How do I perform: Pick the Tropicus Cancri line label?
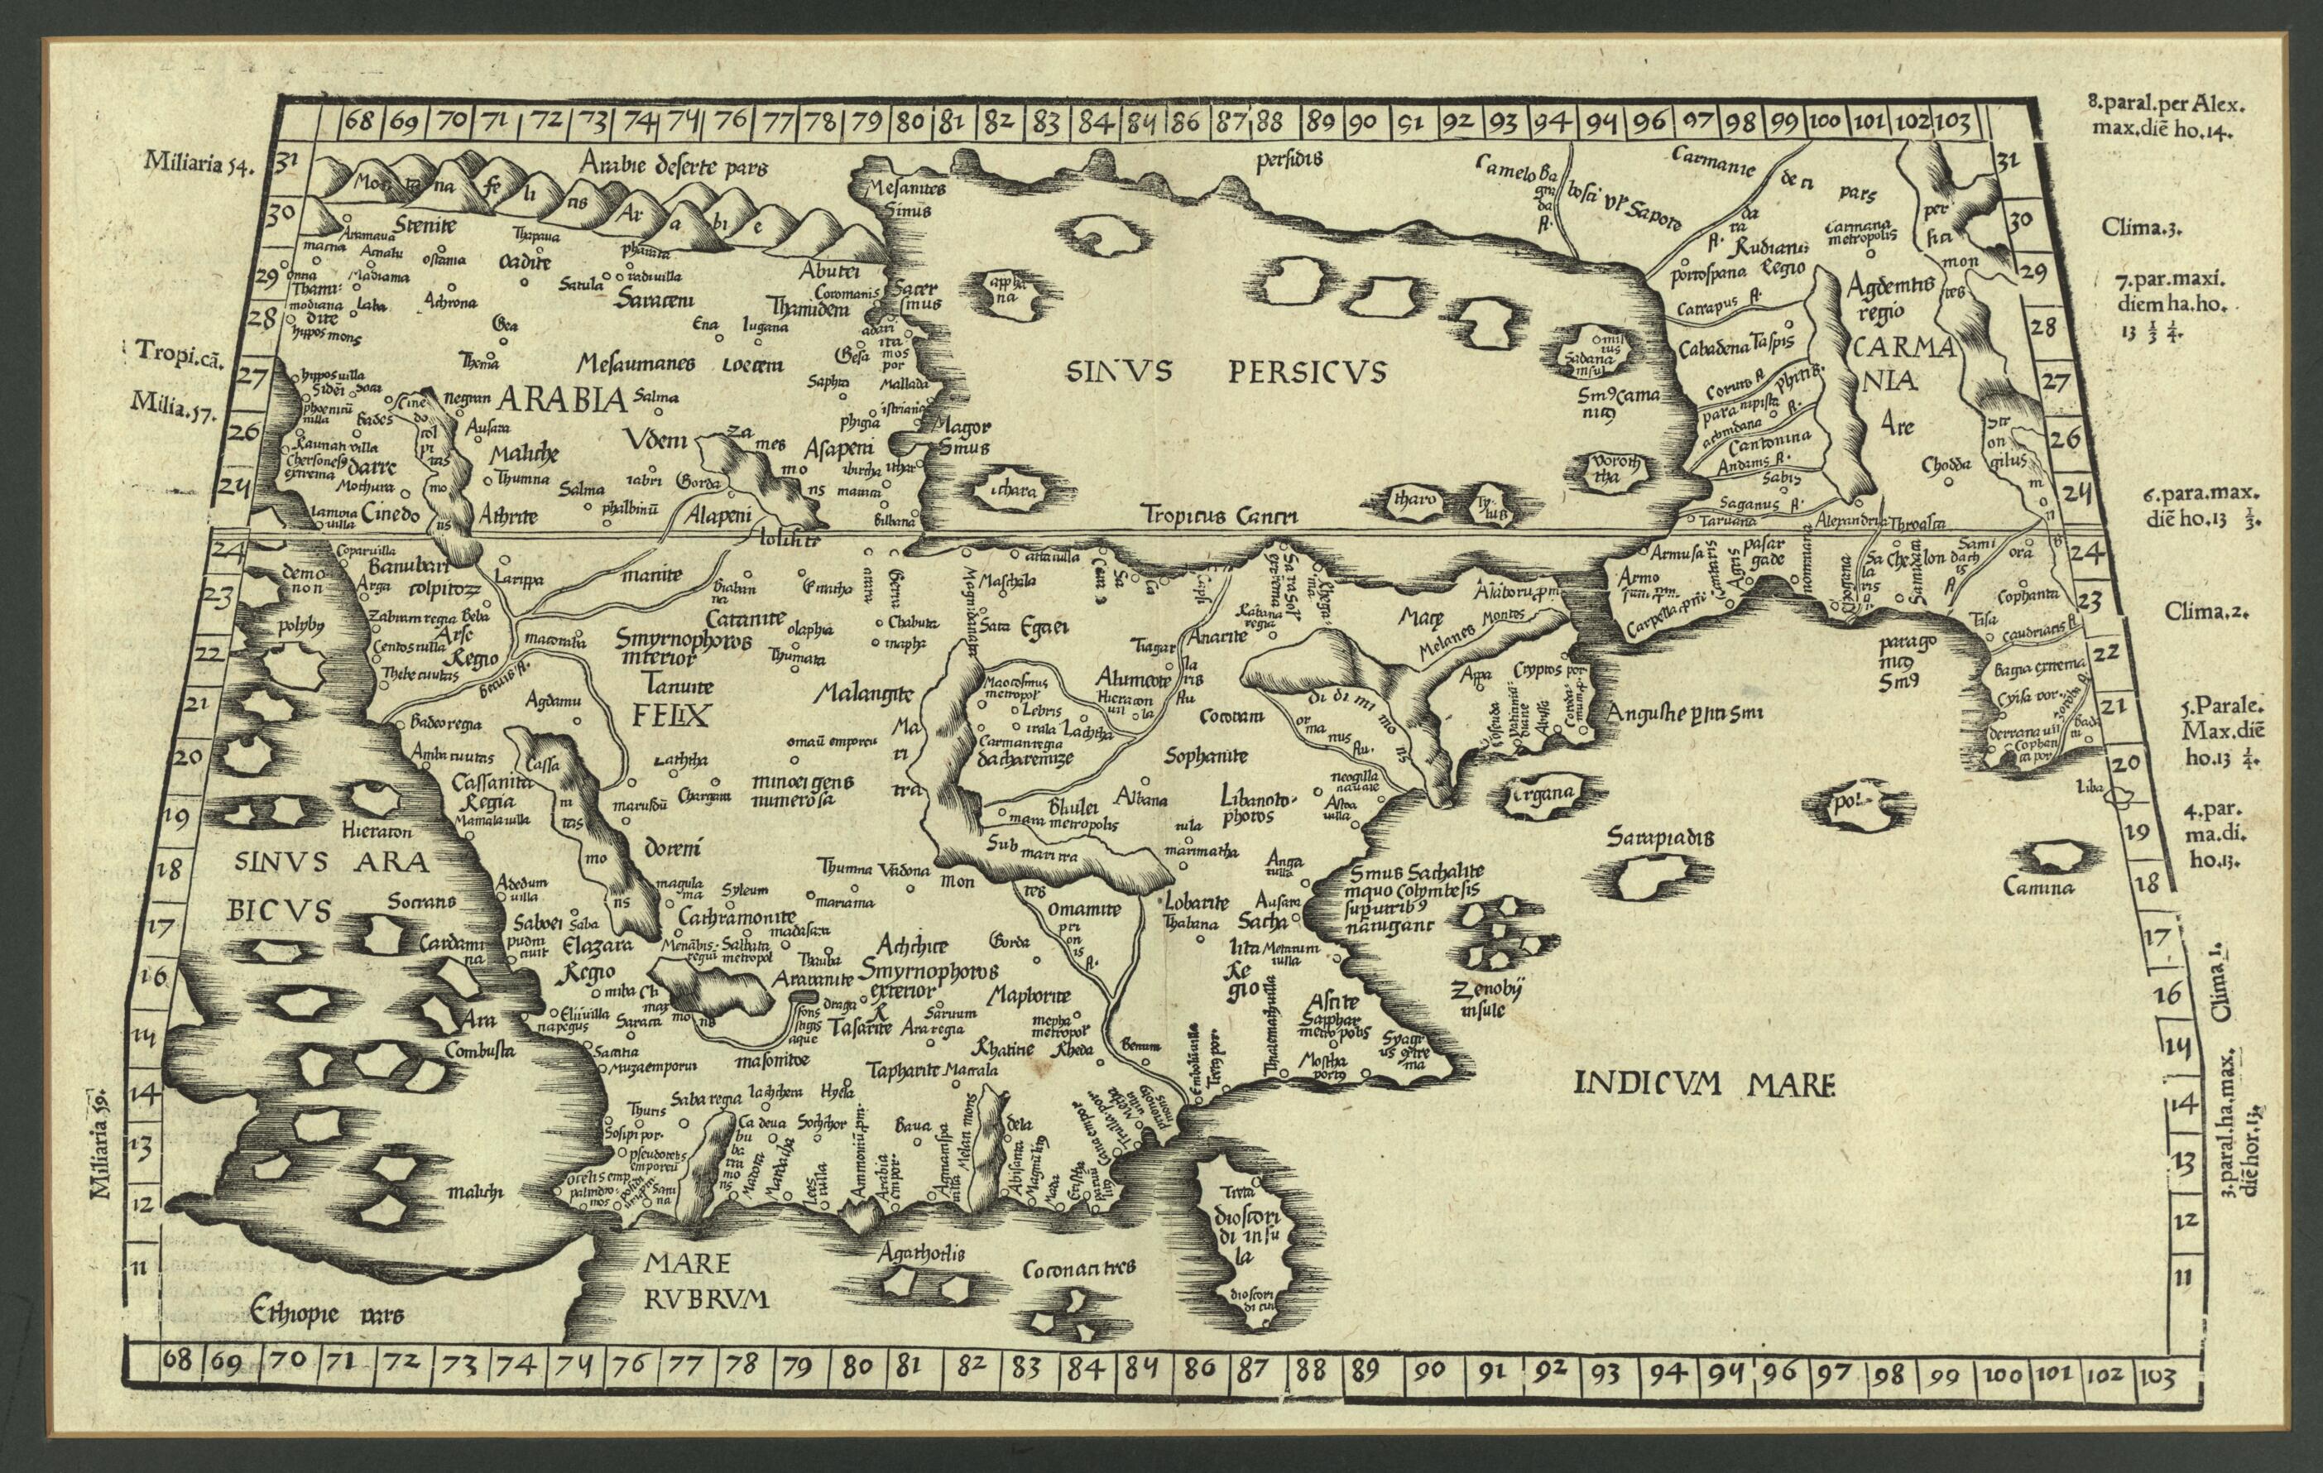(1219, 515)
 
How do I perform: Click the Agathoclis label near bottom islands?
(921, 1253)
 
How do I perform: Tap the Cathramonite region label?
(737, 918)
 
